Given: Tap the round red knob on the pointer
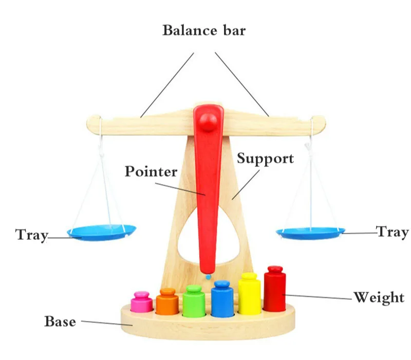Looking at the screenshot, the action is (208, 121).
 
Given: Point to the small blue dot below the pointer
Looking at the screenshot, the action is (208, 276).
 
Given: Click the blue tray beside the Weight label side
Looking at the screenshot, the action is (310, 233).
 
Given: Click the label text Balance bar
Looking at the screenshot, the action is (204, 30).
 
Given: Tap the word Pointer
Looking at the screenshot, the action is (151, 172).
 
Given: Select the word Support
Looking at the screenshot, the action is (265, 158).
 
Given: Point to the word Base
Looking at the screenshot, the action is (60, 321).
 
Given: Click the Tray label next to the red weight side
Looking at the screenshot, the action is (393, 232).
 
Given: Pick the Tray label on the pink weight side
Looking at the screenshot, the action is (31, 235).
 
